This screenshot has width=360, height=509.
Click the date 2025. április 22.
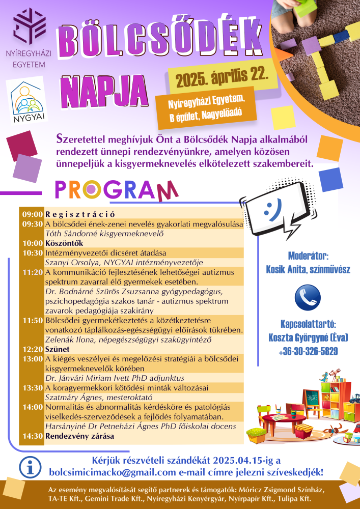click(x=222, y=78)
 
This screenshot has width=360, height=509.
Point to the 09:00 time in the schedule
click(x=32, y=214)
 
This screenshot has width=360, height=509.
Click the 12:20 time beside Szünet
click(x=32, y=349)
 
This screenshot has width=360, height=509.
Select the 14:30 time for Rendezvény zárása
click(x=32, y=436)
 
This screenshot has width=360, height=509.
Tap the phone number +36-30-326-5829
click(x=308, y=352)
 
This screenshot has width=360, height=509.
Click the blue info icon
click(x=30, y=467)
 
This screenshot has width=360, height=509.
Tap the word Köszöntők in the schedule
click(x=64, y=243)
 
